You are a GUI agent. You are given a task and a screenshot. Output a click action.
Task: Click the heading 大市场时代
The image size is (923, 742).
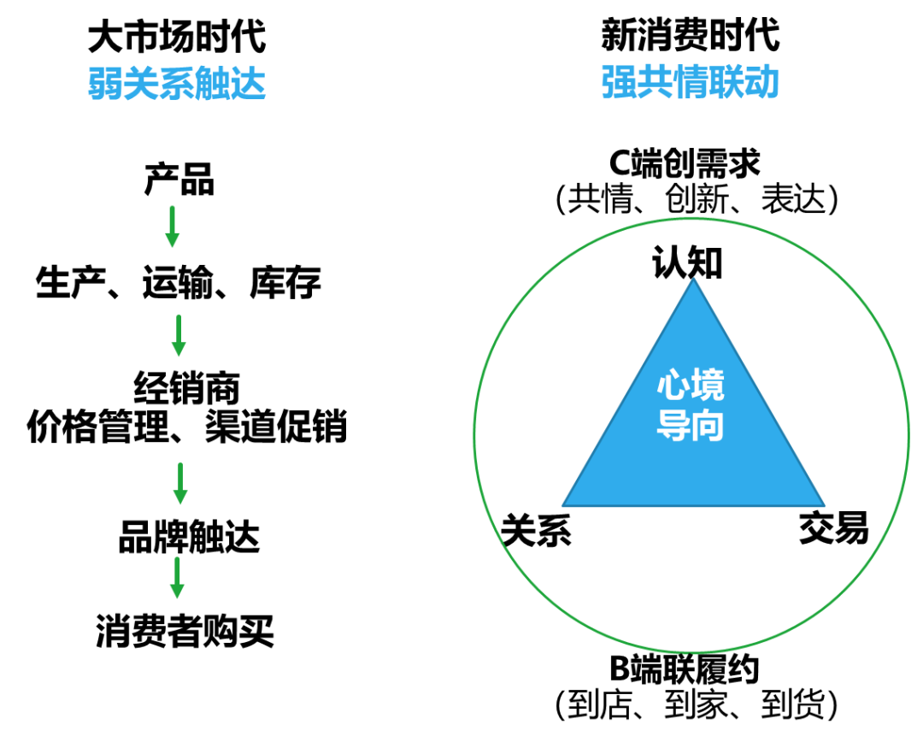(x=177, y=37)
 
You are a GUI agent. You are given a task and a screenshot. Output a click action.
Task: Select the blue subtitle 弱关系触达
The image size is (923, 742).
(x=177, y=83)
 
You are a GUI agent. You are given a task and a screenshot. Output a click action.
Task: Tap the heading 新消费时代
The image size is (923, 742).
(x=691, y=35)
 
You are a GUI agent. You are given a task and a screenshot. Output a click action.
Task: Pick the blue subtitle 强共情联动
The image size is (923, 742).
(x=691, y=81)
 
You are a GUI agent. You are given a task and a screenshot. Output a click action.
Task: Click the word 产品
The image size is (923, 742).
(x=179, y=179)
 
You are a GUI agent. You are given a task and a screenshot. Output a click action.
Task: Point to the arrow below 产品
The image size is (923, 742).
(x=172, y=227)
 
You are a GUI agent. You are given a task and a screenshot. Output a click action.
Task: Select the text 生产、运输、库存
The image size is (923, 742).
(x=179, y=282)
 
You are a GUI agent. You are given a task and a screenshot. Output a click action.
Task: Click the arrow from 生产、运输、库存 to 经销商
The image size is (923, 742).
(x=179, y=336)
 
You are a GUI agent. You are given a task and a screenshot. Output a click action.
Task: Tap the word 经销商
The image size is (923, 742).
(x=186, y=388)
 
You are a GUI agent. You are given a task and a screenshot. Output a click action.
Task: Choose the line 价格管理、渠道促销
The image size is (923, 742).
(x=187, y=426)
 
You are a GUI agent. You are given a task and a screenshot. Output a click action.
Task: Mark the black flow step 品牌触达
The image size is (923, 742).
(x=189, y=537)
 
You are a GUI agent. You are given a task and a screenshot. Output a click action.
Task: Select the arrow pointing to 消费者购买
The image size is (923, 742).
(x=177, y=578)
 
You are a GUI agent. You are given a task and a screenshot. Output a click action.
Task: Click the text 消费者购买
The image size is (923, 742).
(x=185, y=631)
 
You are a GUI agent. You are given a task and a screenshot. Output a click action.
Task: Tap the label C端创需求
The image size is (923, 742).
(x=685, y=163)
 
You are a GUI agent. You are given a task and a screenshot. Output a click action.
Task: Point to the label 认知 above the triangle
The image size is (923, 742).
(x=687, y=262)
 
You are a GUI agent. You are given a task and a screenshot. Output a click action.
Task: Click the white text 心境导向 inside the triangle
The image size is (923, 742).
(x=691, y=404)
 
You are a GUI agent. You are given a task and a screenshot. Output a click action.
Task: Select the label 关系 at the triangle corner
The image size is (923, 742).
(x=536, y=530)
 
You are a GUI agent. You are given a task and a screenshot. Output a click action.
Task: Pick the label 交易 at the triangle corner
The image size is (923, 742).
(x=833, y=527)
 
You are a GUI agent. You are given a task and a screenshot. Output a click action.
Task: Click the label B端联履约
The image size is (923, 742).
(x=684, y=669)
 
